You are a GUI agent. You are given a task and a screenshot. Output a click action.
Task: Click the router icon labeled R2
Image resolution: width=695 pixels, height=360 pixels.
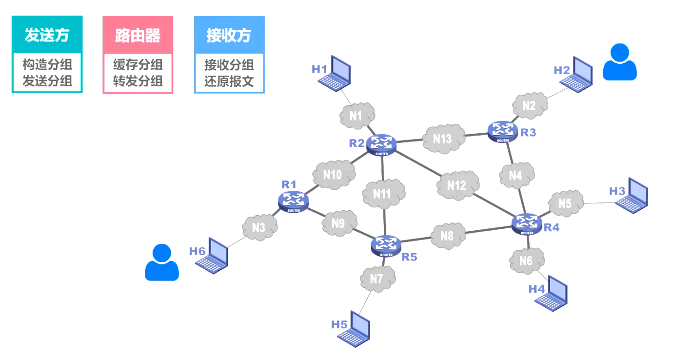tap(382, 144)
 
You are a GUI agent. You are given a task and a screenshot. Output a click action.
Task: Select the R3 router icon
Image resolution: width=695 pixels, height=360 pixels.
tap(502, 130)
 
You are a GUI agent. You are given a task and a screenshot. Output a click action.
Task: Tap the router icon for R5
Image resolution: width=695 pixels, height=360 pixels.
tap(386, 246)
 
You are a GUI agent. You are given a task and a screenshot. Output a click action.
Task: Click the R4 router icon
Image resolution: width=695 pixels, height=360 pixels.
tap(527, 224)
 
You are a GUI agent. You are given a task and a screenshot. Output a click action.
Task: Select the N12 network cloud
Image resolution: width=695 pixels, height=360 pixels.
tap(457, 185)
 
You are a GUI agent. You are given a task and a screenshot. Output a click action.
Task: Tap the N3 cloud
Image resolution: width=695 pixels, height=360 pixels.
tap(259, 227)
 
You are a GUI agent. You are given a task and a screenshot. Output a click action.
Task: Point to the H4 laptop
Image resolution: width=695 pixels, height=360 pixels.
tap(552, 294)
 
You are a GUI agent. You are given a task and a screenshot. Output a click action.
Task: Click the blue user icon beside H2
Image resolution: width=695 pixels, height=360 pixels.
tap(619, 62)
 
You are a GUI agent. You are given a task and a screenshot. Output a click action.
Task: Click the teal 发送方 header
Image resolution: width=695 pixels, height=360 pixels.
tap(47, 35)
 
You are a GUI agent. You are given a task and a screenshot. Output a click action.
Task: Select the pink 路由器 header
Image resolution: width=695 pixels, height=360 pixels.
tap(138, 35)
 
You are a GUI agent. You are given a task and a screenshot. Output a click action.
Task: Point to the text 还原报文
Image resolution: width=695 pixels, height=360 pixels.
tap(229, 80)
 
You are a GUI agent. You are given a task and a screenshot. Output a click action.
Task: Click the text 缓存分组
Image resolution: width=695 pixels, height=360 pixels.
tap(138, 64)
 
